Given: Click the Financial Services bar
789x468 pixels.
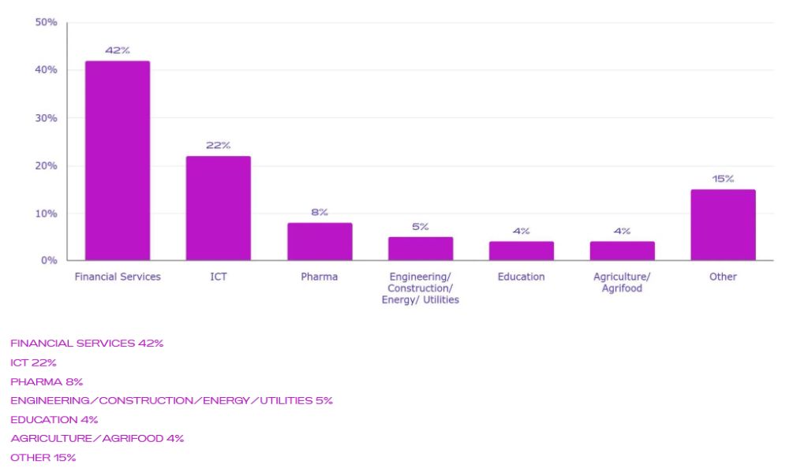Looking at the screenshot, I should pos(118,160).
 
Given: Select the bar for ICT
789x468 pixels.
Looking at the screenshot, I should pos(219,208).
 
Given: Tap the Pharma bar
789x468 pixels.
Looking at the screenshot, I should pos(320,241).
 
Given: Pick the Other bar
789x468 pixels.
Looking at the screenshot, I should pos(723,225).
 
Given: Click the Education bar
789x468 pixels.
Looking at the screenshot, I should pos(521,251).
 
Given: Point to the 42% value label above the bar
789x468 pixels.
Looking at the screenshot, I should pos(118,50).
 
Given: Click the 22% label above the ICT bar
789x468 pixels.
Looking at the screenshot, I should pos(219,146).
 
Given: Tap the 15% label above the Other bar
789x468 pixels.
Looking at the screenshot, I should pos(723,179).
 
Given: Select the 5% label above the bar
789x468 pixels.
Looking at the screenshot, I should pos(421,227).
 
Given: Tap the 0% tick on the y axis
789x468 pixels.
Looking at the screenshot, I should pos(49,261).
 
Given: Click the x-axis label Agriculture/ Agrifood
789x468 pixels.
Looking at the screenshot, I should pos(622,282).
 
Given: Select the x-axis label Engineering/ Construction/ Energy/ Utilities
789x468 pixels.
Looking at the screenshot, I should pos(421,288).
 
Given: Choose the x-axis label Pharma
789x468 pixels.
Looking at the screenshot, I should pos(320,277).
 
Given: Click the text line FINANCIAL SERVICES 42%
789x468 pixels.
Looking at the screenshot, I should pos(87,344).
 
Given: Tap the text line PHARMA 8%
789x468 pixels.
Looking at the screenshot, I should pos(47,381).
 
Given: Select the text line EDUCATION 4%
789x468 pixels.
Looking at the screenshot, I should pos(54,419).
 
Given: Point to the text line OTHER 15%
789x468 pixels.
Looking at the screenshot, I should pos(43,457).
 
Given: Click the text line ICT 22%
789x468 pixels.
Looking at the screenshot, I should pos(33,362).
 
